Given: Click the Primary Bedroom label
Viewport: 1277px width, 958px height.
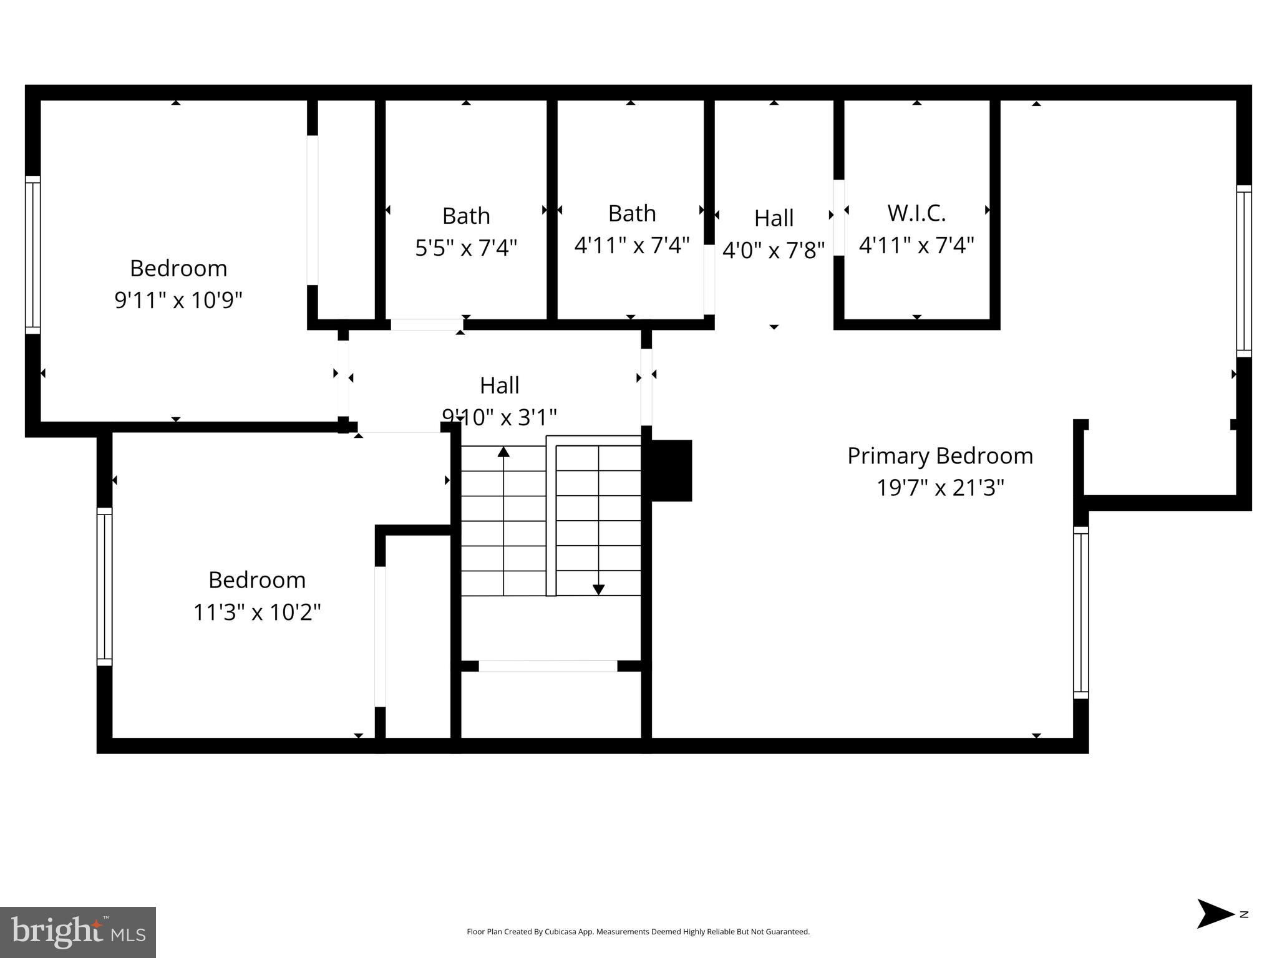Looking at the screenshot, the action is pos(940,457).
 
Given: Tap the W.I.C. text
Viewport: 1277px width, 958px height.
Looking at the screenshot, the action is pos(916,213).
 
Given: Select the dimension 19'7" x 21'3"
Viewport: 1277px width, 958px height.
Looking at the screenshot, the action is pos(940,487).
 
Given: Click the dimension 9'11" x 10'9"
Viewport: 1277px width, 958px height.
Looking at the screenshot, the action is pos(178,300).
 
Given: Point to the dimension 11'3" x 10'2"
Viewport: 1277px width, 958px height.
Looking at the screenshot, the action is pos(257,612).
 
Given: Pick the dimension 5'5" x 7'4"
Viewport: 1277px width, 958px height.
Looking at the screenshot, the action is pos(466,248).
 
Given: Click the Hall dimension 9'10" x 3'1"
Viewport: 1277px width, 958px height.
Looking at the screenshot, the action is pos(499,417).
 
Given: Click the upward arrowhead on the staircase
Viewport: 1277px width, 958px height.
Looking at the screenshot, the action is pos(503,451).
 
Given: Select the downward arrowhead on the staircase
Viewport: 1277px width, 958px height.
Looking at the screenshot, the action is pos(598,589).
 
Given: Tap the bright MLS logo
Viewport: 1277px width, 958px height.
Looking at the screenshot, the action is pos(78,932).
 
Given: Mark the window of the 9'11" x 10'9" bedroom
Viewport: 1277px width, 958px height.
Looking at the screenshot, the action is pos(32,255).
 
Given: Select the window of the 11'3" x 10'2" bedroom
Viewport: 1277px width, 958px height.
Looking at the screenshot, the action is pos(104,587).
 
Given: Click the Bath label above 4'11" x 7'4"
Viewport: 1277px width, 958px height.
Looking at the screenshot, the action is pos(632,213).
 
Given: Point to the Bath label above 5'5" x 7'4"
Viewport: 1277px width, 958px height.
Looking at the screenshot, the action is pos(466,216).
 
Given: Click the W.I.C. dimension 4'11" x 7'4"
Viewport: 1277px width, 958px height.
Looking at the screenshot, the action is pos(916,245).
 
